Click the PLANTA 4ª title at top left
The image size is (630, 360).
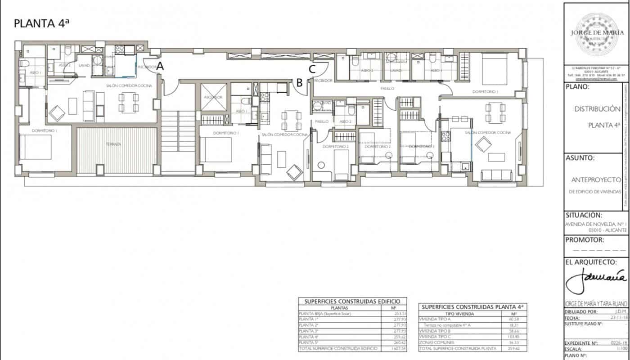[x=42, y=24]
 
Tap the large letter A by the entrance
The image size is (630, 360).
[x=159, y=66]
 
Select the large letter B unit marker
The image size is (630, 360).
[x=298, y=82]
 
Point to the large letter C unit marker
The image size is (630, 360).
[x=311, y=68]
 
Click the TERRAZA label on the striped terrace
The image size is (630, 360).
[x=113, y=144]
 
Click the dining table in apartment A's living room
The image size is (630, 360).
[x=128, y=102]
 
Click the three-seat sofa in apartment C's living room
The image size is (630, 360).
[x=497, y=175]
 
